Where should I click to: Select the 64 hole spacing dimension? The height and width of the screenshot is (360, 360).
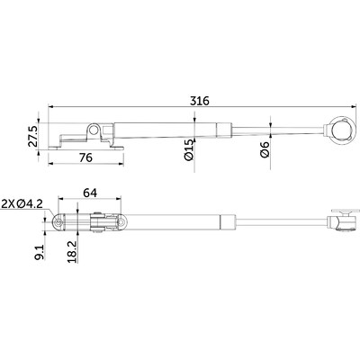(89, 192)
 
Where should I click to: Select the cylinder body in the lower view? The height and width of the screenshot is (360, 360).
(175, 219)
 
